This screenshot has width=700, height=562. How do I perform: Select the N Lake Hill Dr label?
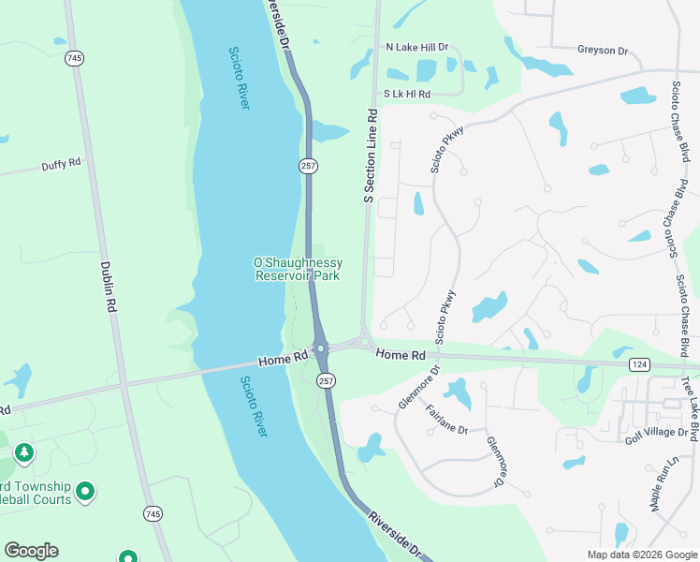point(417,47)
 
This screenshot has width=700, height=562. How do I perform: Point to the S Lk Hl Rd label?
point(407,94)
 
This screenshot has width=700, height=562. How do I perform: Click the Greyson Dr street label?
point(602,50)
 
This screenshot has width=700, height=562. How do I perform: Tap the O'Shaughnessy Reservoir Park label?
point(299,270)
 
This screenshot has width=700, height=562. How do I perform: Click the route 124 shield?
point(640,362)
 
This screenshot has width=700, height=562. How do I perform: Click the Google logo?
point(31,551)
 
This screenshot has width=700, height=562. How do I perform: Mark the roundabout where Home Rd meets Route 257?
point(320,348)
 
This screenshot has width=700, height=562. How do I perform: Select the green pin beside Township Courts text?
point(85,490)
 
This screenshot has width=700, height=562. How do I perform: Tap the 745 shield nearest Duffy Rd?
point(74,58)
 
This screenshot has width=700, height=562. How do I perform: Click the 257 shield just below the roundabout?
point(326,380)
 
